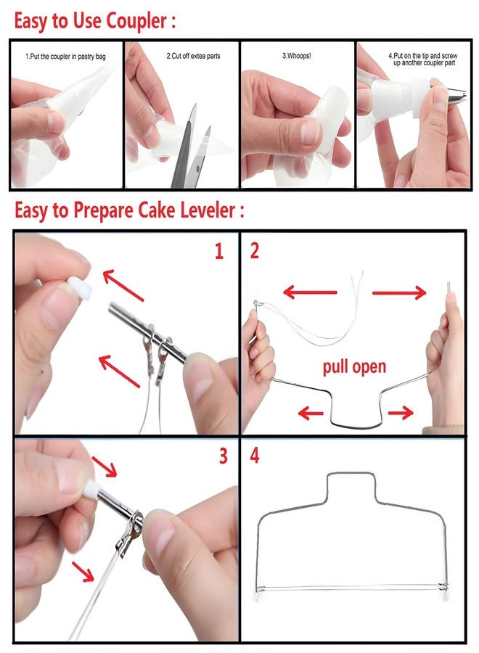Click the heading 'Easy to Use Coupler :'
coord(94,21)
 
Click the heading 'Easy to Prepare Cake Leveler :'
coord(129,210)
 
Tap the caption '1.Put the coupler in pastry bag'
coord(65,57)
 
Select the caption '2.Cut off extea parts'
coord(193,56)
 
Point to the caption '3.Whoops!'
coord(297,55)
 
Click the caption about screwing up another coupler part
coord(423,59)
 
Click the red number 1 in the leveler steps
coord(219,252)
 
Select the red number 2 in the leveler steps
coord(255,251)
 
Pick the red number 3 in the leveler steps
coord(224,456)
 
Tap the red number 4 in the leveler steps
coord(255,455)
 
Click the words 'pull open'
coord(354,366)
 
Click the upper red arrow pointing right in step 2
coord(399,293)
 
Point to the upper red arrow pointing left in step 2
coord(310,292)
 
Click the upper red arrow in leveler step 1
coord(123,285)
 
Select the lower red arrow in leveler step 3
coord(83,572)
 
